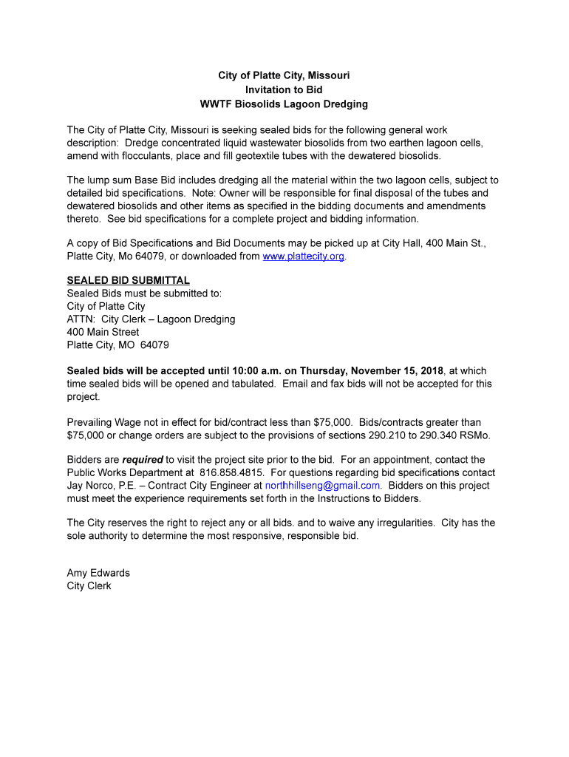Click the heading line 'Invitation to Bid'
[284, 89]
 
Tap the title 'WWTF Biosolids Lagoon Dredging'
[284, 104]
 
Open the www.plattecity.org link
[303, 257]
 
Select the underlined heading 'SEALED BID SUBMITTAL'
[128, 281]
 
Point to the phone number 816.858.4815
[231, 472]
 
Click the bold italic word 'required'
[143, 460]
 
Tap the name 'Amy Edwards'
[98, 573]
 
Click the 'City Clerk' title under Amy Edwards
[89, 586]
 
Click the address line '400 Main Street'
[103, 332]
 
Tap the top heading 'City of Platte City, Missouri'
[284, 75]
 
